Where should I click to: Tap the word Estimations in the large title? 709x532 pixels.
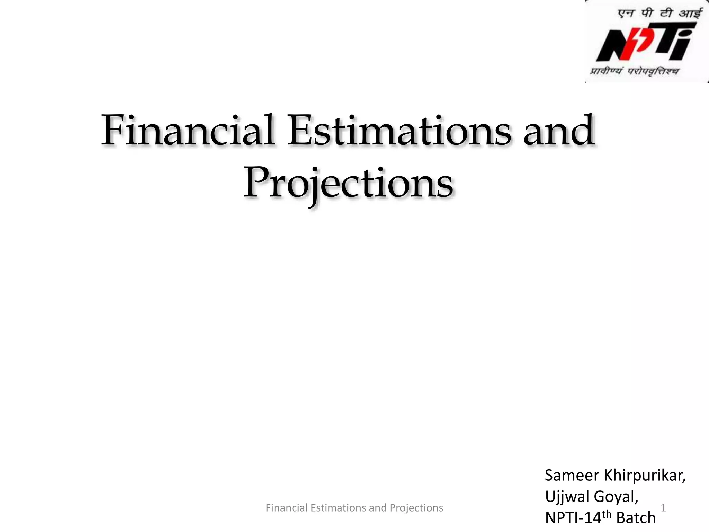[399, 131]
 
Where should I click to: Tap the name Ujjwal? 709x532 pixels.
[566, 497]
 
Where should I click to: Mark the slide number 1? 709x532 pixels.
[663, 508]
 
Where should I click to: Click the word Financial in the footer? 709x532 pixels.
[286, 508]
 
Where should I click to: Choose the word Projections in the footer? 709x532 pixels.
[416, 508]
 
